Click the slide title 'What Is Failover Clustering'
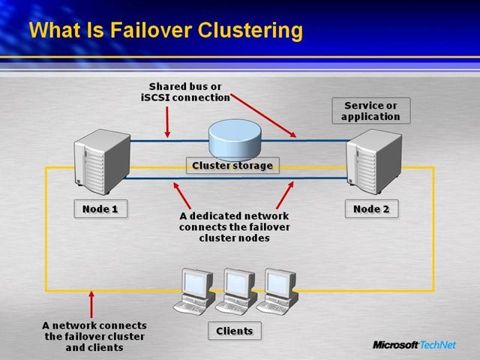166,31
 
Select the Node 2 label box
371,208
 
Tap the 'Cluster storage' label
232,165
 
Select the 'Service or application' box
370,111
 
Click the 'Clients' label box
235,331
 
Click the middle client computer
234,292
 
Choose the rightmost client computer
274,292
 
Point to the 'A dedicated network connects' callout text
234,226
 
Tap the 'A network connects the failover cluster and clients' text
94,336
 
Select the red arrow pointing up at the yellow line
92,304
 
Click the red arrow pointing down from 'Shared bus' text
166,120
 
